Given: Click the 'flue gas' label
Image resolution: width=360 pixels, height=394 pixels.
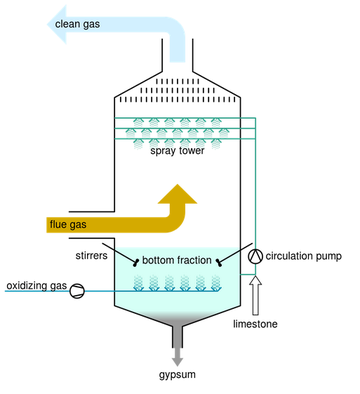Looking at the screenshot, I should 68,223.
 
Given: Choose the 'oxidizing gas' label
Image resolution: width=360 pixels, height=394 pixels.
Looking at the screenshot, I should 36,287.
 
